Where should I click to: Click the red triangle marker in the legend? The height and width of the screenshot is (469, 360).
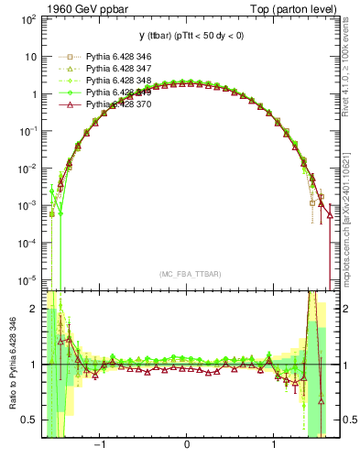[66, 104]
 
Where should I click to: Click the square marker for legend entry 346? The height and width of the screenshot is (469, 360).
[66, 57]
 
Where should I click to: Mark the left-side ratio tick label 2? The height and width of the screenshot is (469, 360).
[35, 309]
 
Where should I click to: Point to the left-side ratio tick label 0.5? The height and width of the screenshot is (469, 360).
[31, 420]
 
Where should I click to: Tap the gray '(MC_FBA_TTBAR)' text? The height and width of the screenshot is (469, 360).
[188, 274]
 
